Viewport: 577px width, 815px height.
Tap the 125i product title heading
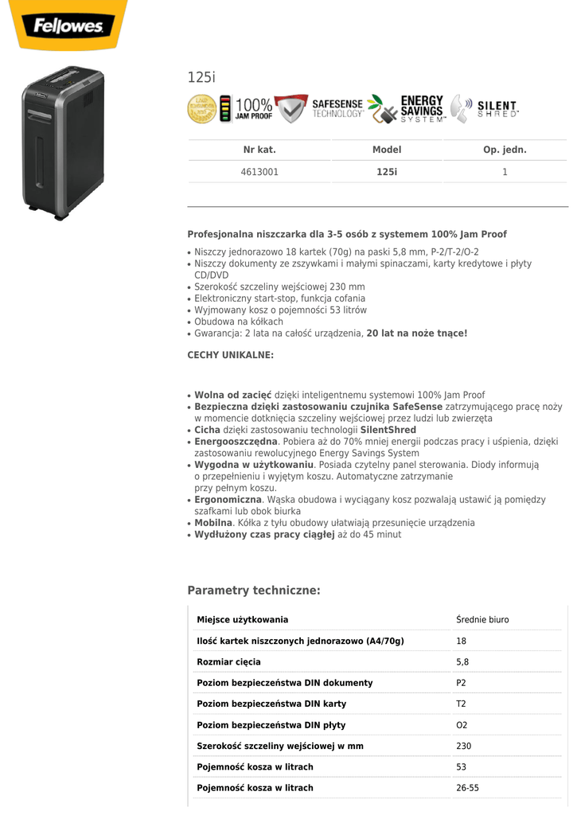click(201, 77)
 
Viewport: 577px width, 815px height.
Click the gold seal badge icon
click(201, 109)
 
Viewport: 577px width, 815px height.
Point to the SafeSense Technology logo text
click(337, 109)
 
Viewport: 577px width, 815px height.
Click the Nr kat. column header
click(259, 150)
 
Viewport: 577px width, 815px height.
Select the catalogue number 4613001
click(259, 171)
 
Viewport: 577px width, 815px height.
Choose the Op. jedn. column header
click(505, 150)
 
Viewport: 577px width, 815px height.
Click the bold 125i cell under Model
click(387, 171)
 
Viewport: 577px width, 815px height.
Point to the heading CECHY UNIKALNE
click(230, 355)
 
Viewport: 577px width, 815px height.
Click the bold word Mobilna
click(213, 523)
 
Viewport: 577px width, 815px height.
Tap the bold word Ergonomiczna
click(228, 500)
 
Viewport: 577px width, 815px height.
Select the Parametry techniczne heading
click(254, 591)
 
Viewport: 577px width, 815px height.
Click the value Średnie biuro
click(482, 620)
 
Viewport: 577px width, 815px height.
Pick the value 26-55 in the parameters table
click(467, 788)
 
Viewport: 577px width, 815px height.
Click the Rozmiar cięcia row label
click(228, 662)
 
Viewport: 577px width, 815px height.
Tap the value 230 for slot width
click(464, 747)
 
